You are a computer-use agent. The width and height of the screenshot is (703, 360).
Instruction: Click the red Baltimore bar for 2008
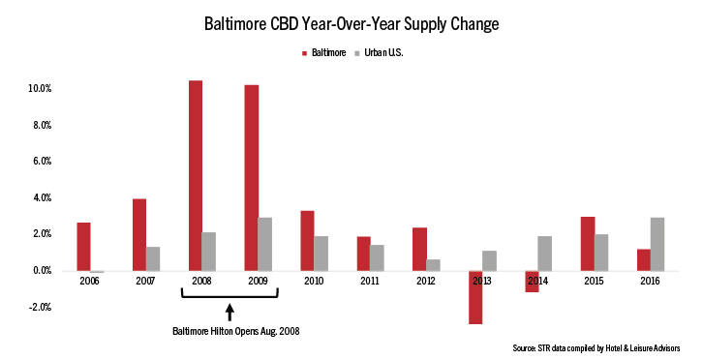pyautogui.click(x=196, y=175)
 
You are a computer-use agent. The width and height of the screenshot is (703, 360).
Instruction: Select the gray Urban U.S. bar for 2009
pyautogui.click(x=264, y=244)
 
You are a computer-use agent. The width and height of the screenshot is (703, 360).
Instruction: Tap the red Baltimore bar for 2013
pyautogui.click(x=474, y=297)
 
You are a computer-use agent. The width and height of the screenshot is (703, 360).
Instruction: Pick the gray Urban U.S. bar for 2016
pyautogui.click(x=657, y=244)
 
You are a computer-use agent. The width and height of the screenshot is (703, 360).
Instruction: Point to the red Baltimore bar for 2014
pyautogui.click(x=531, y=282)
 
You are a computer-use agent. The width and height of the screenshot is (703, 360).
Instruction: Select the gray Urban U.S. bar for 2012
pyautogui.click(x=432, y=265)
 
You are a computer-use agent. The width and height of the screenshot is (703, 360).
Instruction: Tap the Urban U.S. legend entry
pyautogui.click(x=381, y=52)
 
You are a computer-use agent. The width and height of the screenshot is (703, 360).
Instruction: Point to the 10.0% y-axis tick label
pyautogui.click(x=39, y=88)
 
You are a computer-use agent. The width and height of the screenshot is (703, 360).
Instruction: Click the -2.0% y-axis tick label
pyautogui.click(x=39, y=307)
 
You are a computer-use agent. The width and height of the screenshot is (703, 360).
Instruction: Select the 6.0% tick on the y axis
pyautogui.click(x=40, y=161)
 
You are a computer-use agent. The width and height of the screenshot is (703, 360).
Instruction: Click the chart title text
pyautogui.click(x=351, y=22)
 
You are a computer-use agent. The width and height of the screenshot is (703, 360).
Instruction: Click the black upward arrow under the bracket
pyautogui.click(x=230, y=312)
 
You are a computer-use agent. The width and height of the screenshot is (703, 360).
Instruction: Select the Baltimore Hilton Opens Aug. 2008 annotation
pyautogui.click(x=230, y=330)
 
